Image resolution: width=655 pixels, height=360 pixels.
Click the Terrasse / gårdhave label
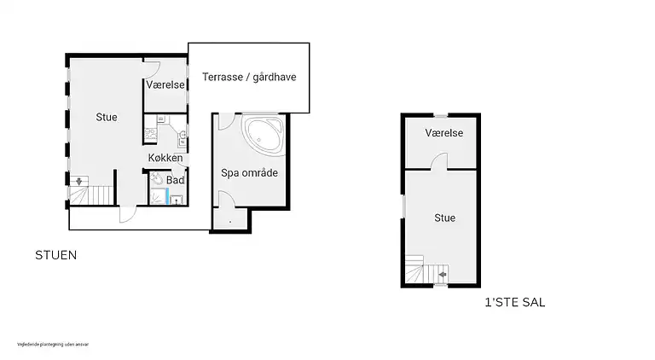pos(248,77)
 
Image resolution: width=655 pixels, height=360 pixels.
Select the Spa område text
pos(250,172)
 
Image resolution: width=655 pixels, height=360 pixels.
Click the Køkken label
pos(165,158)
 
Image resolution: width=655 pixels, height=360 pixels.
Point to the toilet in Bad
pos(156,180)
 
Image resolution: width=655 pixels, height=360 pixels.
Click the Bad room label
pos(176,180)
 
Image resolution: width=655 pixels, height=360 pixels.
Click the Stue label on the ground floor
pos(106,117)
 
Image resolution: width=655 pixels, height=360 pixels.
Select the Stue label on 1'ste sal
pos(444,218)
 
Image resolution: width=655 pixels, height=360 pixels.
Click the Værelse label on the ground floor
pos(165,85)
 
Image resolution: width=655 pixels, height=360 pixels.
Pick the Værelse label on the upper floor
pos(444,133)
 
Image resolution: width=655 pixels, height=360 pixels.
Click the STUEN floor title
pos(55,255)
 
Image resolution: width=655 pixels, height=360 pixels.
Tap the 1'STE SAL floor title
pos(514,302)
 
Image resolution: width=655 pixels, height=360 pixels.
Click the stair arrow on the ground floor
pos(79,181)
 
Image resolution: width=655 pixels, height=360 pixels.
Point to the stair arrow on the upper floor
pos(442,274)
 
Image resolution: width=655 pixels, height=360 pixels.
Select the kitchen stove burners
pos(149,134)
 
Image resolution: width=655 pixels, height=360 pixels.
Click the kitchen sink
pos(182,134)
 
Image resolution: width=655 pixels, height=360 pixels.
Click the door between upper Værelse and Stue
pos(438,161)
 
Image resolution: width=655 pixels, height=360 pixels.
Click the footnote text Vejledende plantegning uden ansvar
pos(53,345)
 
